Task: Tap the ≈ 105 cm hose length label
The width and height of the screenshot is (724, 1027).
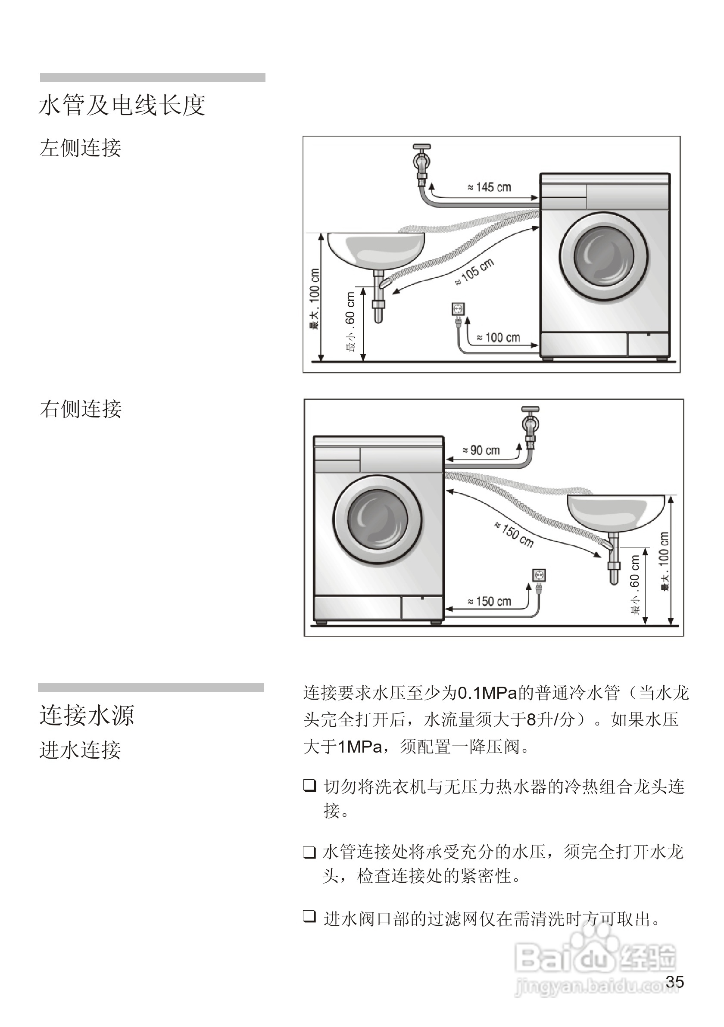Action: [x=475, y=271]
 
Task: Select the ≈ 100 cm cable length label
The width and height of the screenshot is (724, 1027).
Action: [x=499, y=337]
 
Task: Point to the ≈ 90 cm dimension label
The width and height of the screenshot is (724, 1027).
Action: [x=481, y=451]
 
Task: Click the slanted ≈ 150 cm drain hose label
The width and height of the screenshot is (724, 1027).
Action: [x=515, y=535]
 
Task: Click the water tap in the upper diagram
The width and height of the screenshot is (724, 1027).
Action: [x=422, y=163]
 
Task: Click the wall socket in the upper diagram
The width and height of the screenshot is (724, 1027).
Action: [x=458, y=309]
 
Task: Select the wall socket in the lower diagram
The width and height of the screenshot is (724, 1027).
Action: [x=539, y=575]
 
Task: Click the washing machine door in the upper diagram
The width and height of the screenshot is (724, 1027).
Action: [x=604, y=257]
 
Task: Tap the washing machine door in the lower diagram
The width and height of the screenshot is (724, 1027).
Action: [x=378, y=520]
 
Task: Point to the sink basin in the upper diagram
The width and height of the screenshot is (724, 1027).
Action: [x=376, y=250]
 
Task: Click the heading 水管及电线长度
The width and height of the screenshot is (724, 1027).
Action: [x=122, y=106]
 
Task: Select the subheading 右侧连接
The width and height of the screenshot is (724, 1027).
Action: [x=81, y=409]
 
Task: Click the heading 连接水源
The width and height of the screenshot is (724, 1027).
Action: [x=87, y=715]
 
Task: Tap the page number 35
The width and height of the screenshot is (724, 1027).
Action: [x=674, y=981]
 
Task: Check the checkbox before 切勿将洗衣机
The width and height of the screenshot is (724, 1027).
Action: [x=309, y=785]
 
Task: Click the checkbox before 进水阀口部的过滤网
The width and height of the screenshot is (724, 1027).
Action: [x=309, y=916]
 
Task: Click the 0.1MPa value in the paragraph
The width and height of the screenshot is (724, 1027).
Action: [x=487, y=693]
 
